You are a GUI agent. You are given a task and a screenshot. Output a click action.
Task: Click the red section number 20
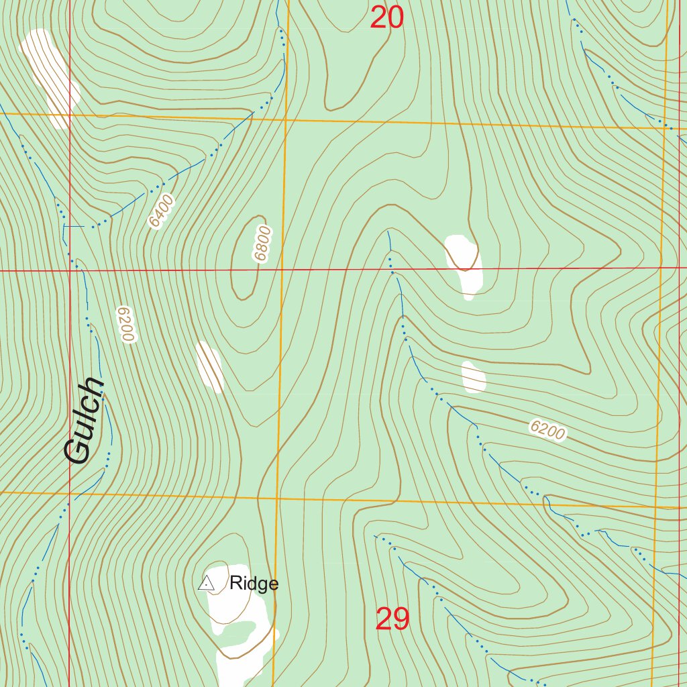click(x=387, y=17)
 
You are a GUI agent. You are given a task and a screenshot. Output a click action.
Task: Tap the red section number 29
click(x=392, y=619)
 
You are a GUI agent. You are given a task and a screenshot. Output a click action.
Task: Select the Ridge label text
click(x=254, y=584)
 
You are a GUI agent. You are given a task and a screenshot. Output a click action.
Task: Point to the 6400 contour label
click(x=162, y=211)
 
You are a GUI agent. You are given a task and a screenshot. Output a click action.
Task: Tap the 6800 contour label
click(x=262, y=243)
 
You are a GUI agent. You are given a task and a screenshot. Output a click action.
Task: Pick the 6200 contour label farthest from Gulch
click(x=547, y=430)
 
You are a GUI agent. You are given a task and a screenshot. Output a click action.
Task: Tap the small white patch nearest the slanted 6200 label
click(x=474, y=377)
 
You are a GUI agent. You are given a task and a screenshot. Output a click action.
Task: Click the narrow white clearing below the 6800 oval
click(x=210, y=366)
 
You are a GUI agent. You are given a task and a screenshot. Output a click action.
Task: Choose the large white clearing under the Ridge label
click(x=238, y=624)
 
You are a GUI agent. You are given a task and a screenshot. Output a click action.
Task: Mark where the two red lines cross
click(x=70, y=270)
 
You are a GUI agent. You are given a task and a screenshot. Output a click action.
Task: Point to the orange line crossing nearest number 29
click(x=276, y=499)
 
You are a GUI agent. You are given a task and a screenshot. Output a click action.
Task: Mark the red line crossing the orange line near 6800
click(x=281, y=270)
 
